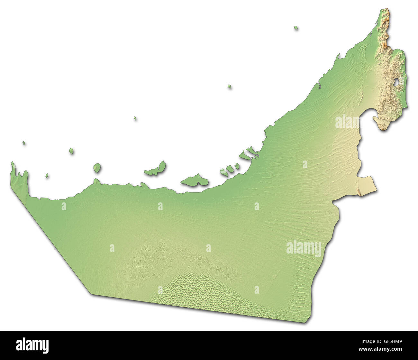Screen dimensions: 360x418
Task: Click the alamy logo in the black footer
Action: [x=32, y=345]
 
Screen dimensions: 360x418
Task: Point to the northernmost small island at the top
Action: [x=296, y=28]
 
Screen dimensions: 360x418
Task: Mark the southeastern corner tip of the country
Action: [x=307, y=322]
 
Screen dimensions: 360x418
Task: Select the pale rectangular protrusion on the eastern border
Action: [x=367, y=186]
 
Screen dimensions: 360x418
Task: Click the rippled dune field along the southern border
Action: [x=199, y=290]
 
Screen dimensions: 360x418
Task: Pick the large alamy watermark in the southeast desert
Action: [x=304, y=248]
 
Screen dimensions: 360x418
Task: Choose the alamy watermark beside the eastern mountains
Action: [x=347, y=122]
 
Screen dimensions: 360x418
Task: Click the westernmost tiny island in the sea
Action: [x=24, y=143]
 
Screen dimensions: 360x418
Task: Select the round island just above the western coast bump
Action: [x=97, y=168]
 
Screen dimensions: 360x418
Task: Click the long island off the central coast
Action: [x=156, y=170]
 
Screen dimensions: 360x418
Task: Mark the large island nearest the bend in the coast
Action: [x=195, y=181]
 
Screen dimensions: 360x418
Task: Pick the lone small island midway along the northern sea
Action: [x=230, y=86]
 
